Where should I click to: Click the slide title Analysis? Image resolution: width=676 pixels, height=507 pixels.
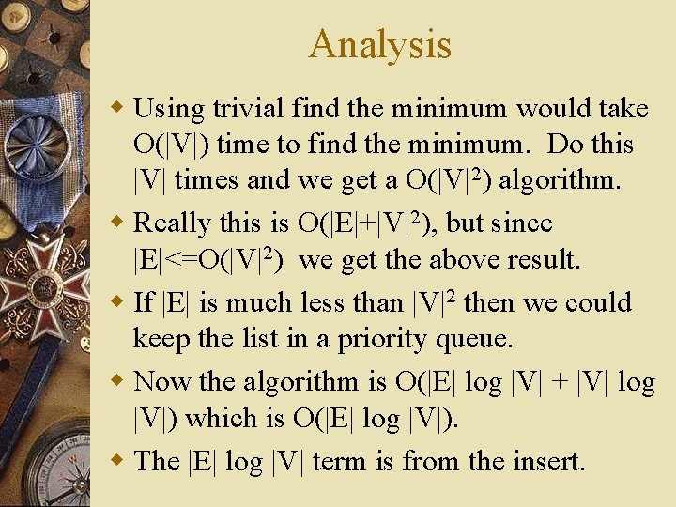point(379,44)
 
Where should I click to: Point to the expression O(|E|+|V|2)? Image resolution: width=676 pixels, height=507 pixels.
point(358,223)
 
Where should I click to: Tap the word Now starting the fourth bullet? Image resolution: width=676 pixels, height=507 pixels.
point(164,381)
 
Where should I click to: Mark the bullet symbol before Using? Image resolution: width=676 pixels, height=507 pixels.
point(116,108)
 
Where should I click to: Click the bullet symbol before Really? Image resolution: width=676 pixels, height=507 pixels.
point(116,223)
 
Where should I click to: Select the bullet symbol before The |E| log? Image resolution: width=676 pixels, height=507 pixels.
point(116,460)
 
